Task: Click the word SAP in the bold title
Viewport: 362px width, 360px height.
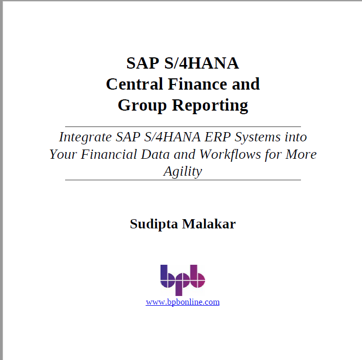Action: click(143, 63)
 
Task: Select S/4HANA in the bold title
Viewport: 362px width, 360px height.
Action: click(202, 63)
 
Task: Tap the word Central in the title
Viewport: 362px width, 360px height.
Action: click(134, 84)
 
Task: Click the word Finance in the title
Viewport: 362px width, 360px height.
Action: click(197, 84)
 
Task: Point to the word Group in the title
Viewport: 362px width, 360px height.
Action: click(142, 105)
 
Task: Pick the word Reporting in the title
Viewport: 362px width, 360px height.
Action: click(210, 105)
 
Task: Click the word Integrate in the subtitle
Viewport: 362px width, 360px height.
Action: click(86, 137)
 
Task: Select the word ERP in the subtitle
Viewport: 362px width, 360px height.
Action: click(218, 137)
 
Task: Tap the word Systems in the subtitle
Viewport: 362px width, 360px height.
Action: click(257, 137)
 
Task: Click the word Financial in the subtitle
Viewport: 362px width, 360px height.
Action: click(109, 154)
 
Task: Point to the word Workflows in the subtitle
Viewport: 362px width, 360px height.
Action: click(230, 154)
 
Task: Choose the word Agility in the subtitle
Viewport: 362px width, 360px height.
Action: click(183, 172)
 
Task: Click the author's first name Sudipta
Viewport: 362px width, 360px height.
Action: click(154, 224)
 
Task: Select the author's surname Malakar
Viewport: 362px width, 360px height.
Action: click(209, 224)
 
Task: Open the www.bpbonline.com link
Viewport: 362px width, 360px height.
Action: click(183, 302)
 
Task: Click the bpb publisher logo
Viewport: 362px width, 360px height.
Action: click(183, 280)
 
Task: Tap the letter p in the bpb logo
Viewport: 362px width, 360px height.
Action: click(182, 284)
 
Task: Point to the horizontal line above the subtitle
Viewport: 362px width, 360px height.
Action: click(183, 126)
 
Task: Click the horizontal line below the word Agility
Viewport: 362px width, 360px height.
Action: click(183, 180)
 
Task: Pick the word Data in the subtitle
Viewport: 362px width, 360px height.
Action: click(155, 154)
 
